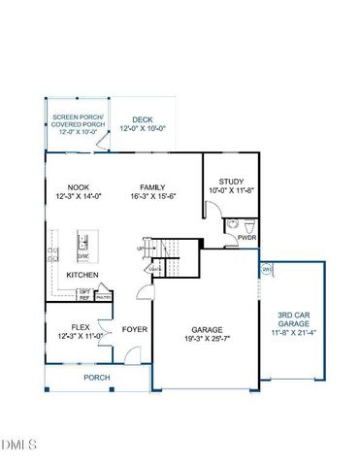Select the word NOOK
79,187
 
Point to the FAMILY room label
152,187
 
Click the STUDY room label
230,181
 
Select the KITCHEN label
82,275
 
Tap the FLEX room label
81,326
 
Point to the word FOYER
134,329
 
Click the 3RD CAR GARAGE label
294,319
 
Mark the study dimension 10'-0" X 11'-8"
230,190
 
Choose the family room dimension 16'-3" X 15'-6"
152,197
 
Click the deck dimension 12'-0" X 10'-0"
143,128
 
